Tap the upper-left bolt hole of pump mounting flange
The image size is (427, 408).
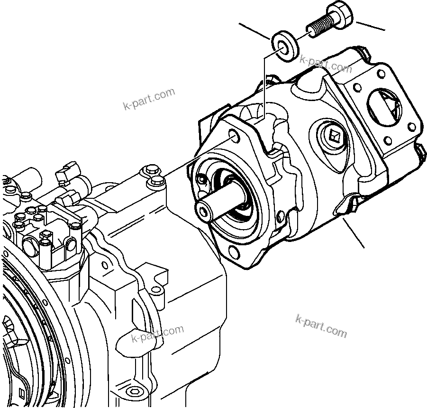[234, 136]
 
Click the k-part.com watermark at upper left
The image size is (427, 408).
[148, 99]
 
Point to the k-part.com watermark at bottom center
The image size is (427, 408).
[157, 334]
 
